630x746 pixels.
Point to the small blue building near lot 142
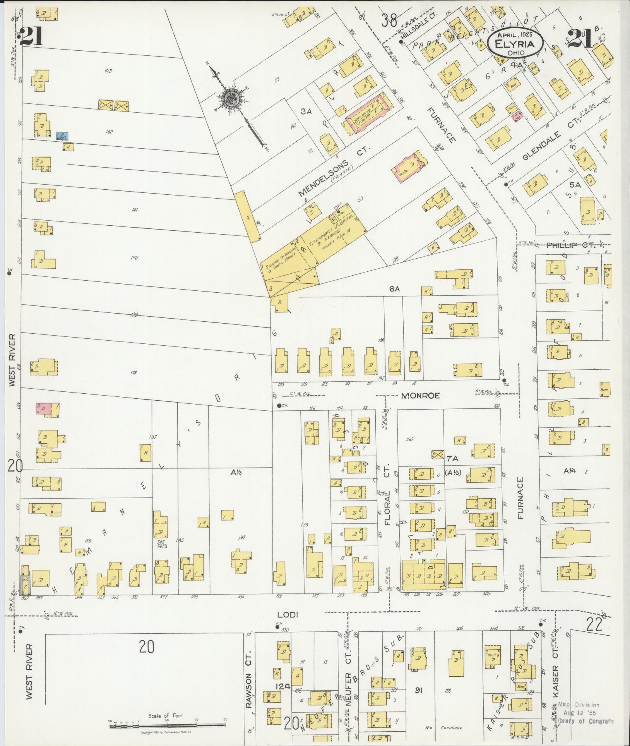[62, 136]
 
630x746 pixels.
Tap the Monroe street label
[421, 396]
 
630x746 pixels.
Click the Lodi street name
[287, 614]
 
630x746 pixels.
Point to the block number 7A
[452, 459]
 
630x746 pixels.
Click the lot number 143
[108, 70]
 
